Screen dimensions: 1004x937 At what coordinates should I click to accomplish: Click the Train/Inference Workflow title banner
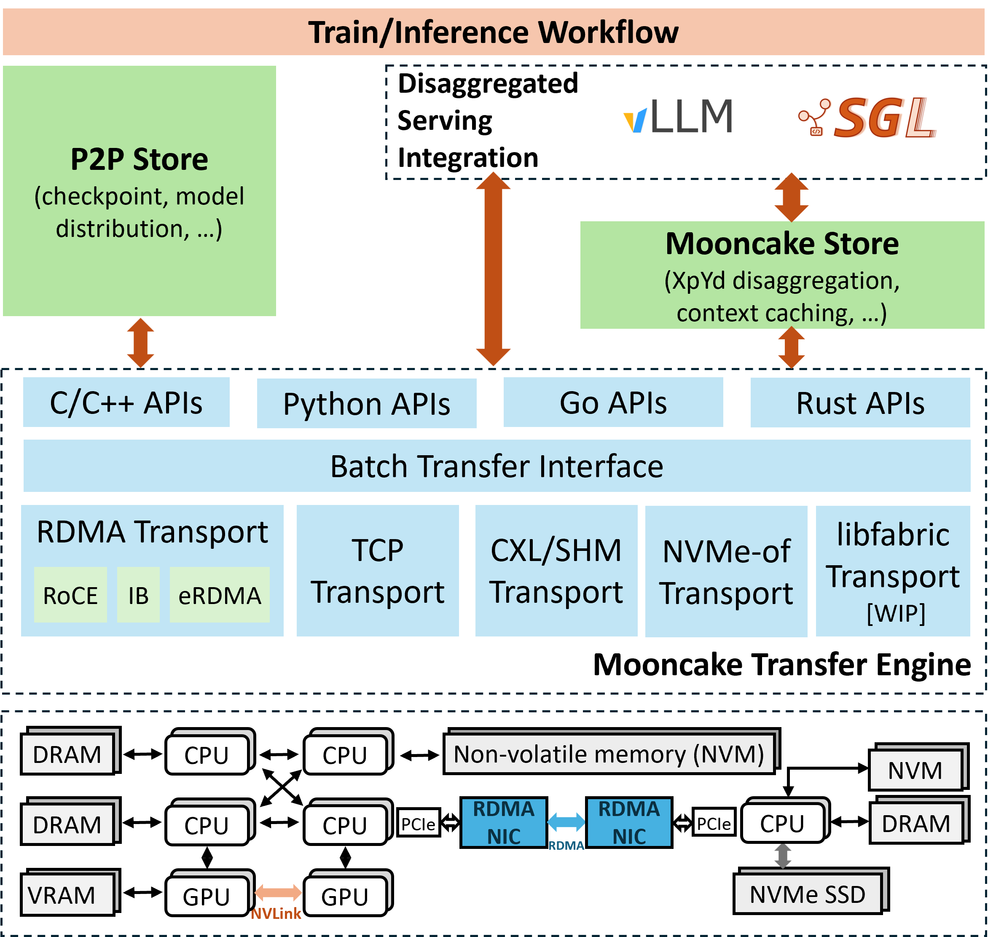[x=494, y=32]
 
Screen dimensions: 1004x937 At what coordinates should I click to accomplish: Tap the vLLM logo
[x=678, y=116]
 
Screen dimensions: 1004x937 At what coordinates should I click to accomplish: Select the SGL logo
[x=867, y=118]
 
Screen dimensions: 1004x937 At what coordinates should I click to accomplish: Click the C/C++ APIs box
[x=126, y=403]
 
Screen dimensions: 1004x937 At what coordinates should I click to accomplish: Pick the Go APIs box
[x=613, y=403]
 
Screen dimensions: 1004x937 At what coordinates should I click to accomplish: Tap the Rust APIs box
[x=860, y=403]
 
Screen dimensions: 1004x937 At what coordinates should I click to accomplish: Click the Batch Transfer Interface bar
[x=497, y=466]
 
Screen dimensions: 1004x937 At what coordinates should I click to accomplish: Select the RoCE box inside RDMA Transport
[x=70, y=594]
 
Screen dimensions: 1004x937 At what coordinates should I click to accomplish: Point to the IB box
[x=138, y=594]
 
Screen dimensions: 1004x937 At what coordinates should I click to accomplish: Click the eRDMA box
[x=220, y=594]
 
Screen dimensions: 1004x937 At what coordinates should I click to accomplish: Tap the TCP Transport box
[x=378, y=571]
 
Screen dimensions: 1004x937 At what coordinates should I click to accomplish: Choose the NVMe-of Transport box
[x=726, y=571]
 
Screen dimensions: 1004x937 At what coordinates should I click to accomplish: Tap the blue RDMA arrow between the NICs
[x=566, y=822]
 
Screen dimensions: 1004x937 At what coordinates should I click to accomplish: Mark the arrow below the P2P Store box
[x=140, y=343]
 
